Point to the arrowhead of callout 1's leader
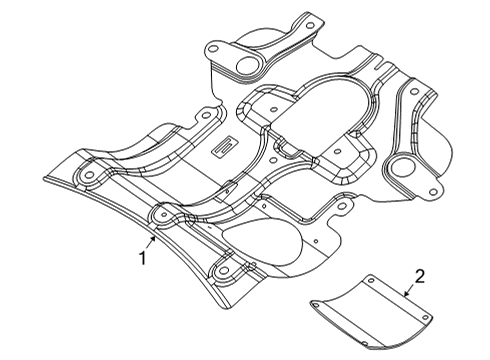153,239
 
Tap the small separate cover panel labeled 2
370,316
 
